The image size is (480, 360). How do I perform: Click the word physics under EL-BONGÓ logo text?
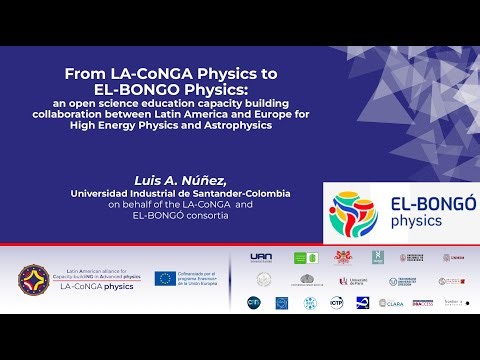pyautogui.click(x=416, y=221)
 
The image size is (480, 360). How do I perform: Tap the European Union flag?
pyautogui.click(x=165, y=279)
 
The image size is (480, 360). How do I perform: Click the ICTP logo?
pyautogui.click(x=337, y=302)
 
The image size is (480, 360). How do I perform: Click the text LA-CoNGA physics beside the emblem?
pyautogui.click(x=96, y=286)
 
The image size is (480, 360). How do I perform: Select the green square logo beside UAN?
pyautogui.click(x=300, y=258)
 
